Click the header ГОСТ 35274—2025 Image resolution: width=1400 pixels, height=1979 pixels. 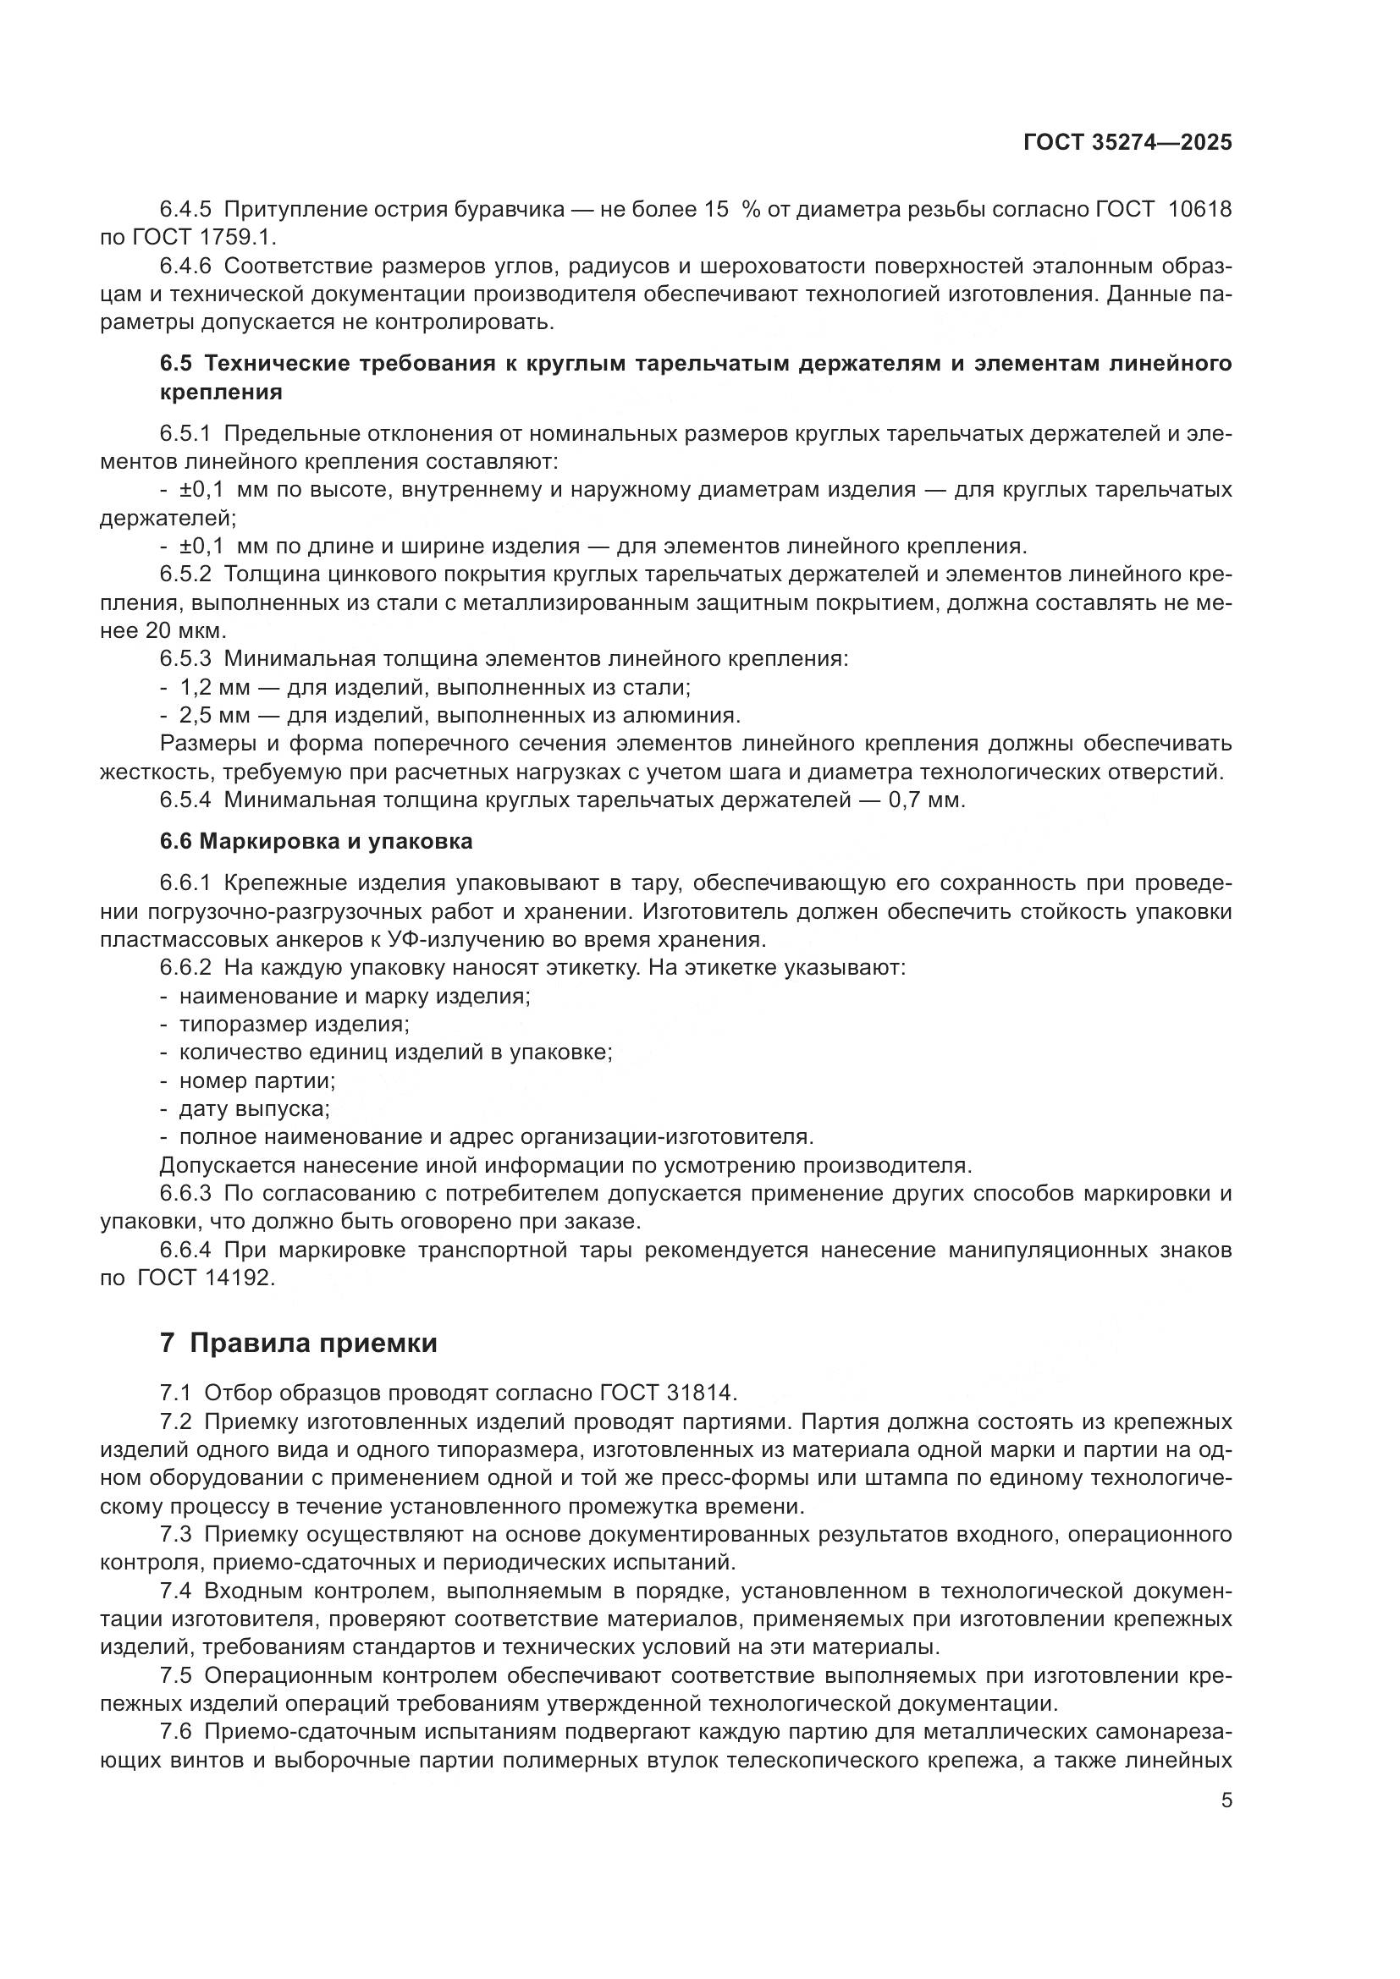[1127, 142]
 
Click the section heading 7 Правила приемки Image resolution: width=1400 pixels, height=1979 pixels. [298, 1343]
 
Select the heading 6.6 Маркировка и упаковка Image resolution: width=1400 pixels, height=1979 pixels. [316, 840]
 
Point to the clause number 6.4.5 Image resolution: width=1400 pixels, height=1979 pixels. [185, 210]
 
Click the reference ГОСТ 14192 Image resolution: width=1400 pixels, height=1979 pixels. [205, 1278]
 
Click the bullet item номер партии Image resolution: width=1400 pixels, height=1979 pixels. [257, 1080]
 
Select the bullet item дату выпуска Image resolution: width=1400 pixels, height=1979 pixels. [254, 1108]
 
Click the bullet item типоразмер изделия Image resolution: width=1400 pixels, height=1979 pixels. [294, 1024]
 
